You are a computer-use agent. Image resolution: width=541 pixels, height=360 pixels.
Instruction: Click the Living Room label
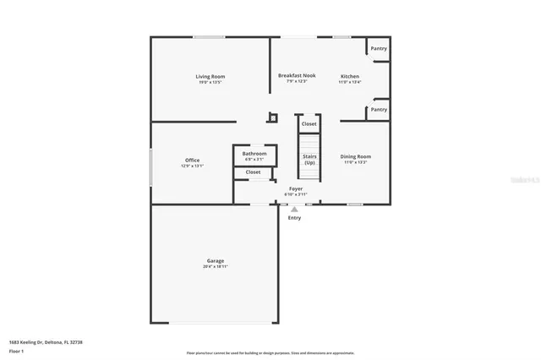210,77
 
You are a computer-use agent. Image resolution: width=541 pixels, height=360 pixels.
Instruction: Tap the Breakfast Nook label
297,76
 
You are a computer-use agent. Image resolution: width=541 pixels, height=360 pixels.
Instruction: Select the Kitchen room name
349,76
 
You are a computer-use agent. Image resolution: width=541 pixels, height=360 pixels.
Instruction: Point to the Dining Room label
355,156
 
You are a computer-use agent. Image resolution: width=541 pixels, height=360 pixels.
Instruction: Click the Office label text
192,161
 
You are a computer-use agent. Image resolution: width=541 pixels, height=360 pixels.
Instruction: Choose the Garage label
215,260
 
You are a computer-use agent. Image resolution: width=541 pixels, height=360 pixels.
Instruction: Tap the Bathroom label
254,154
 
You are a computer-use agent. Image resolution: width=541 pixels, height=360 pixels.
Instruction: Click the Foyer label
296,188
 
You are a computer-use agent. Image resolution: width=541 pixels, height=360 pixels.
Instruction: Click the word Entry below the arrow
294,218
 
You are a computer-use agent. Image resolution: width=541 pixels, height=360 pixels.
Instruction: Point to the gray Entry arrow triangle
294,210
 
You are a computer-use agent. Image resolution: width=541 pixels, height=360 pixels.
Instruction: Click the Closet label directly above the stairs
309,124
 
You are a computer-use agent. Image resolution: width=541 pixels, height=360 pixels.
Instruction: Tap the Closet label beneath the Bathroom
254,172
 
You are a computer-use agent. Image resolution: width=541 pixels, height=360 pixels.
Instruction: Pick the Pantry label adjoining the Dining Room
379,109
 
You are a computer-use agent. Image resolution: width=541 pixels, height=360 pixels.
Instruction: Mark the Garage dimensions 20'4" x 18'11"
215,266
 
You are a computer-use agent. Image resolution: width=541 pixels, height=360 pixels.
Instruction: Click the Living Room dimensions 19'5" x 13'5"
210,82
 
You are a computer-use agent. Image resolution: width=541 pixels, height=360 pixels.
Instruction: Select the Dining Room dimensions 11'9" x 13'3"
355,162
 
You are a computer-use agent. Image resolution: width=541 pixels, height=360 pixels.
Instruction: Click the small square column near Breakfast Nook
270,117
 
